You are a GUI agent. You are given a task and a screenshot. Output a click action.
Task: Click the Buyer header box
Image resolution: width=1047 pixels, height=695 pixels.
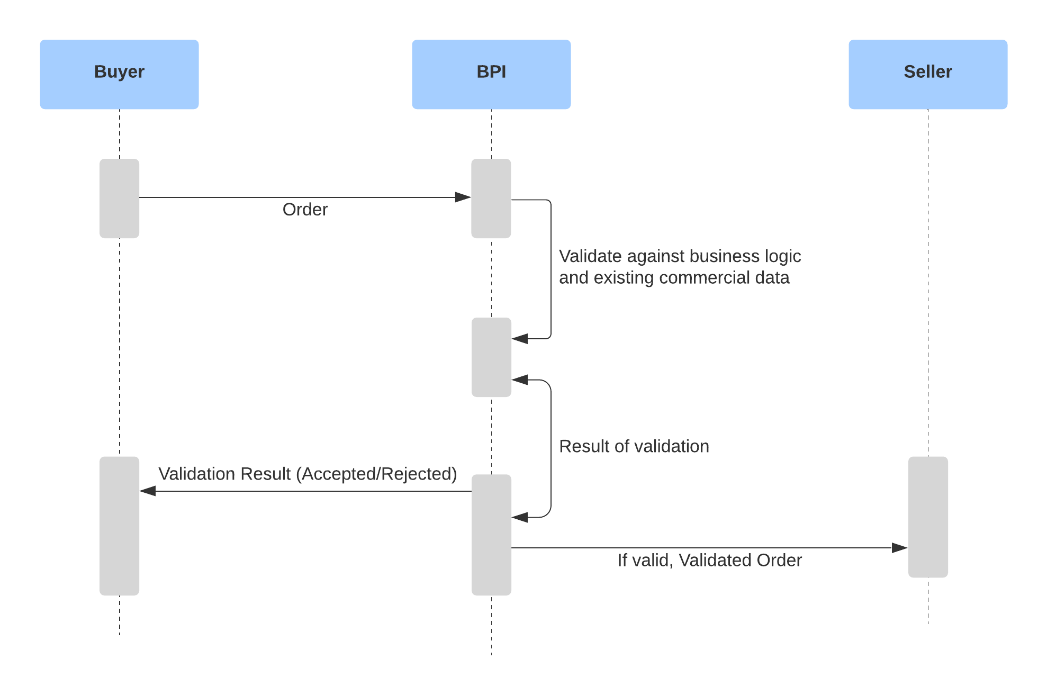coord(119,74)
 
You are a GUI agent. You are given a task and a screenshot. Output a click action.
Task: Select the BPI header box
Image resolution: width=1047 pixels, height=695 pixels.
coord(491,74)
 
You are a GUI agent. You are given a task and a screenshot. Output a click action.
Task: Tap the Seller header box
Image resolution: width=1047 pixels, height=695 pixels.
coord(927,74)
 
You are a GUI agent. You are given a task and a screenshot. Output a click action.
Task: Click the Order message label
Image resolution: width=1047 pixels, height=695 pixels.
coord(305,210)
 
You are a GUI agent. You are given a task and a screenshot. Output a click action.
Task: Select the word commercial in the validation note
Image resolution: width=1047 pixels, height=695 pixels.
coord(705,278)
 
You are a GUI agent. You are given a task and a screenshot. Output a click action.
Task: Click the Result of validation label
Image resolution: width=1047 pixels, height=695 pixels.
coord(634,446)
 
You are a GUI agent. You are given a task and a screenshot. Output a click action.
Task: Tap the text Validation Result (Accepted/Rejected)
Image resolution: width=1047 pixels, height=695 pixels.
coord(308,474)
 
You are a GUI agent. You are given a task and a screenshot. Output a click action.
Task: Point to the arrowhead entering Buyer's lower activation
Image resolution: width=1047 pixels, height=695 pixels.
coord(148,491)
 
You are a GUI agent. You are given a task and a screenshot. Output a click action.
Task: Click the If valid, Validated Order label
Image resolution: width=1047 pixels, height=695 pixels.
coord(709,560)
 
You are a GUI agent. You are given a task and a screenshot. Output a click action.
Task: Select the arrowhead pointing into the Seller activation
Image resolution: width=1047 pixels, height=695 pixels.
coord(900,548)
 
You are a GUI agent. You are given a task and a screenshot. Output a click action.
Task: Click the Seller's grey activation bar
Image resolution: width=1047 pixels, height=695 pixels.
coord(927,517)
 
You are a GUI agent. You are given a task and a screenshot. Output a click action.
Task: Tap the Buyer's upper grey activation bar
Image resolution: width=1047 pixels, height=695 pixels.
coord(119,198)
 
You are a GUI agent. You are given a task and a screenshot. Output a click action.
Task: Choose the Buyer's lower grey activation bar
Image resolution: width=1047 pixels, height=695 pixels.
coord(119,526)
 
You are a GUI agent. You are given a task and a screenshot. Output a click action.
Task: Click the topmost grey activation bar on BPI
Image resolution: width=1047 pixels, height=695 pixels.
coord(491,198)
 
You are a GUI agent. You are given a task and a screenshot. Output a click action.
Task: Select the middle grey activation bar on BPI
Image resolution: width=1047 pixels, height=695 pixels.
coord(491,357)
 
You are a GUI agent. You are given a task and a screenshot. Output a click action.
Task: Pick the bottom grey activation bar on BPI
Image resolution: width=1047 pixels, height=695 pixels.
coord(491,535)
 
